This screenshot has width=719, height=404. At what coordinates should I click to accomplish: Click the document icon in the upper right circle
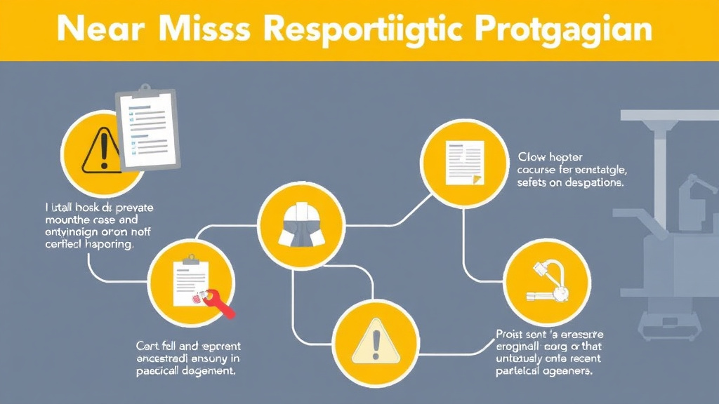(464, 162)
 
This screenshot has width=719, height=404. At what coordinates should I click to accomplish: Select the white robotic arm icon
(549, 281)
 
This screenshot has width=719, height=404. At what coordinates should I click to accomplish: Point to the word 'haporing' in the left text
(107, 246)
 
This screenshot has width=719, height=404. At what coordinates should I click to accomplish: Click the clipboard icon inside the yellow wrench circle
(188, 279)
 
